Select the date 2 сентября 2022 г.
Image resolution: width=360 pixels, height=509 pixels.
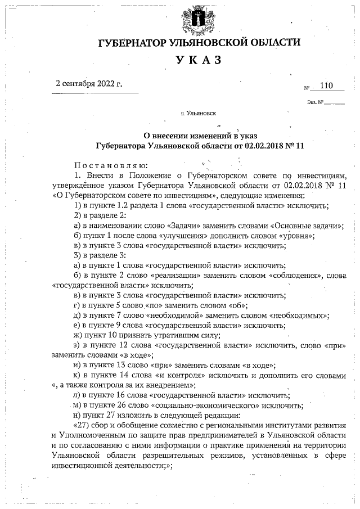(x=89, y=84)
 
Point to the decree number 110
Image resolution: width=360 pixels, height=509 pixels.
(x=326, y=85)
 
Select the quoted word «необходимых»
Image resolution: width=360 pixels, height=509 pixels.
(x=299, y=316)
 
